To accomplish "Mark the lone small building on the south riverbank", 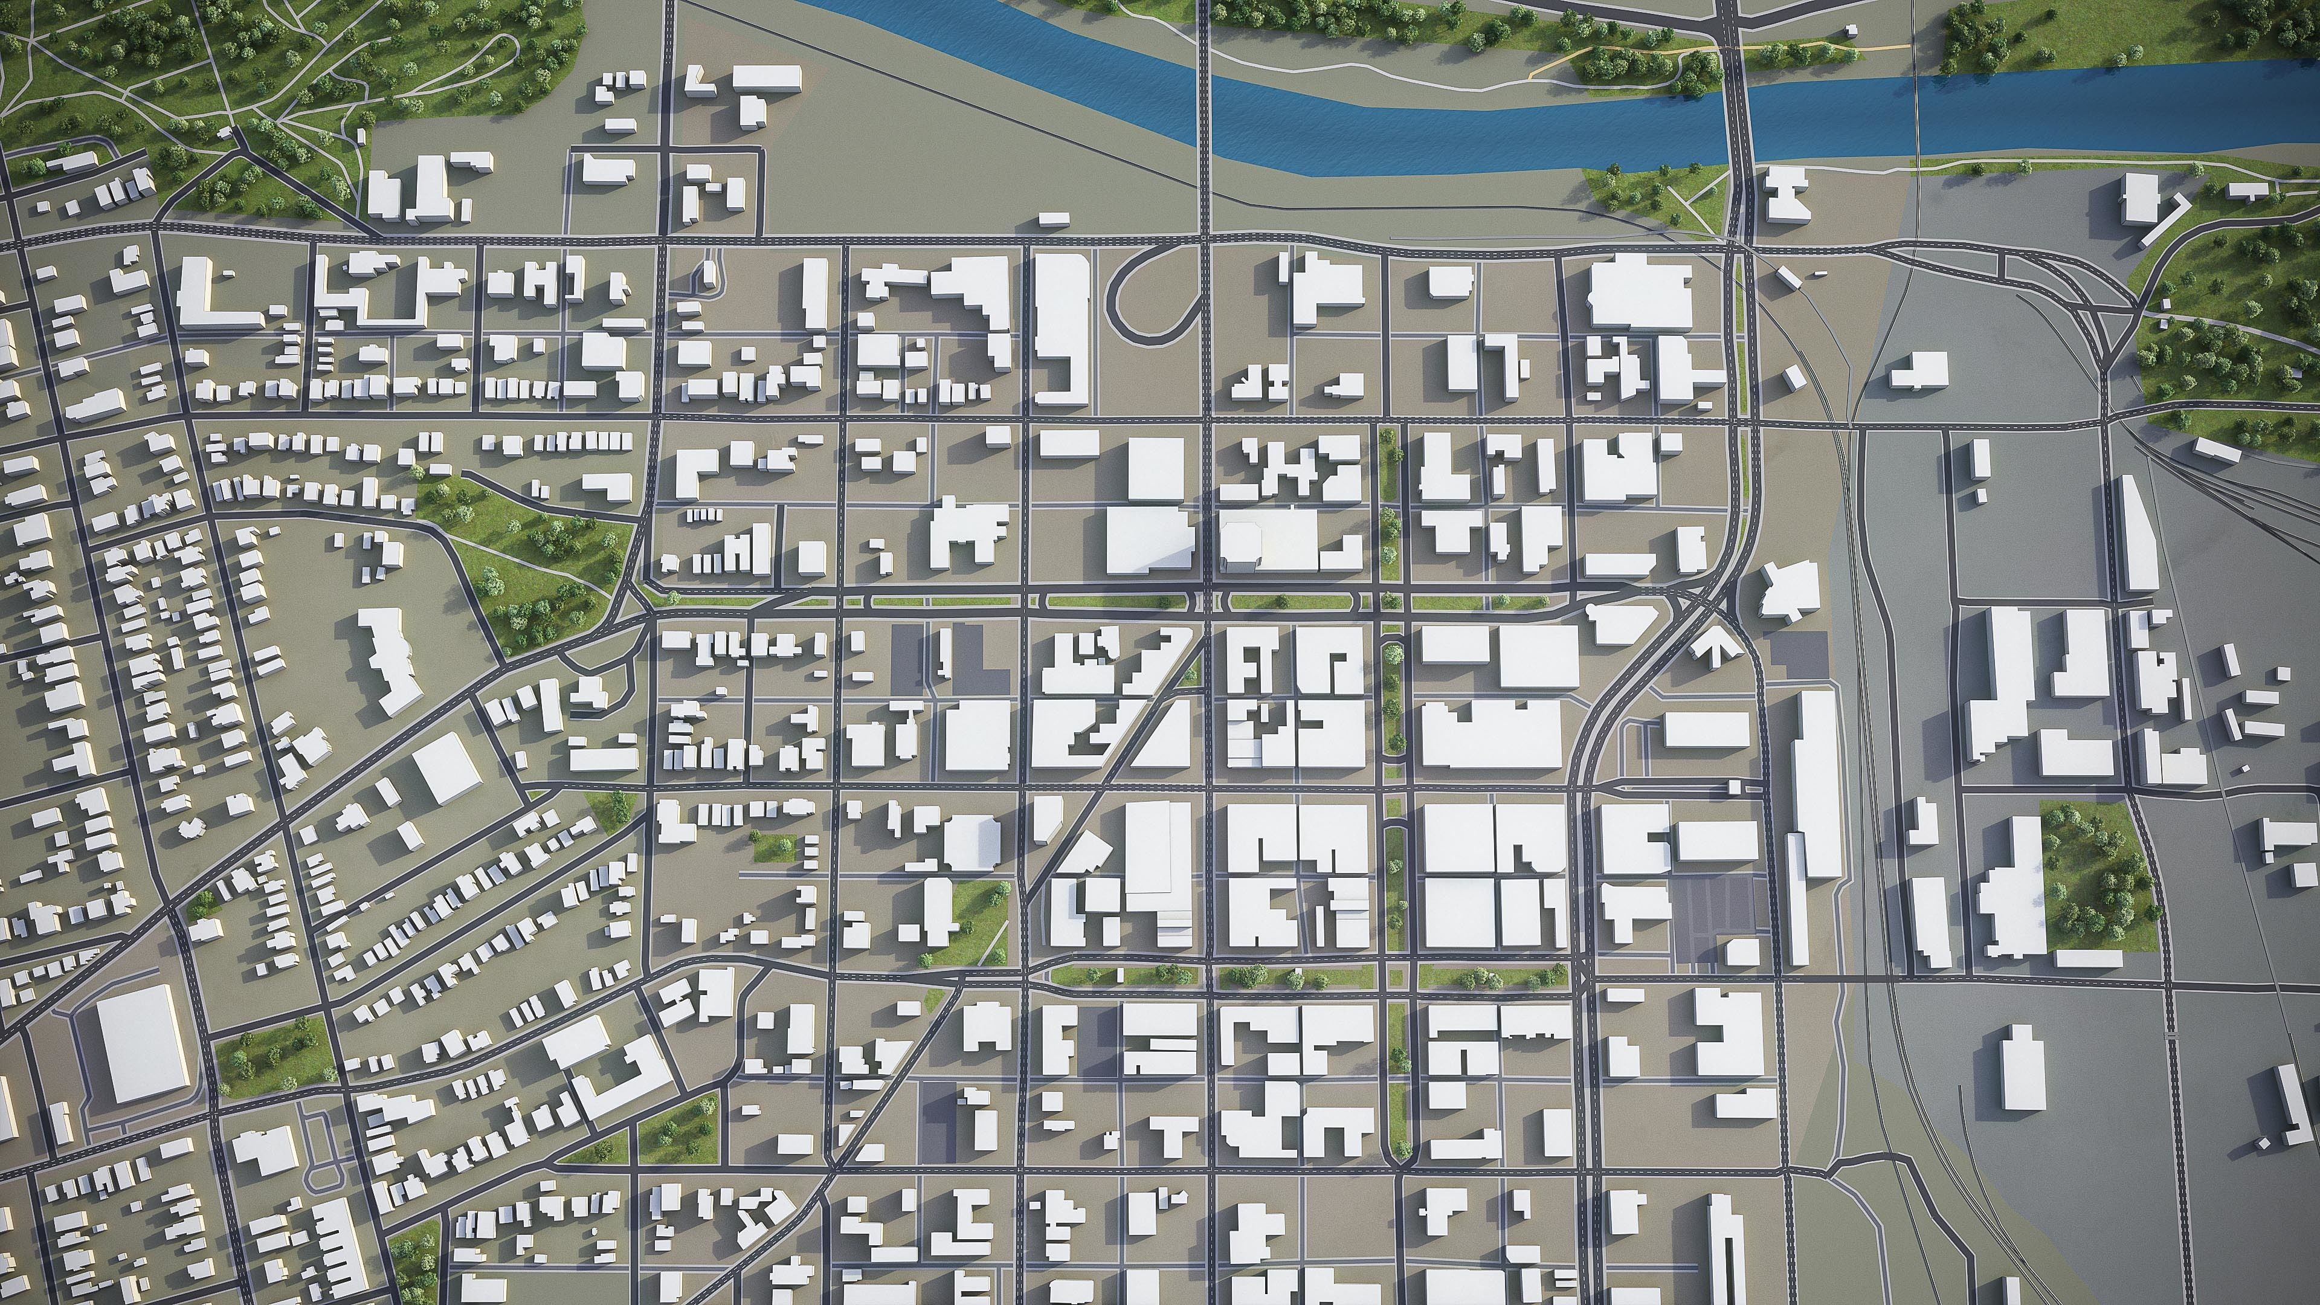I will pyautogui.click(x=1053, y=219).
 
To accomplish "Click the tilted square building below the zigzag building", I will pyautogui.click(x=446, y=767).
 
